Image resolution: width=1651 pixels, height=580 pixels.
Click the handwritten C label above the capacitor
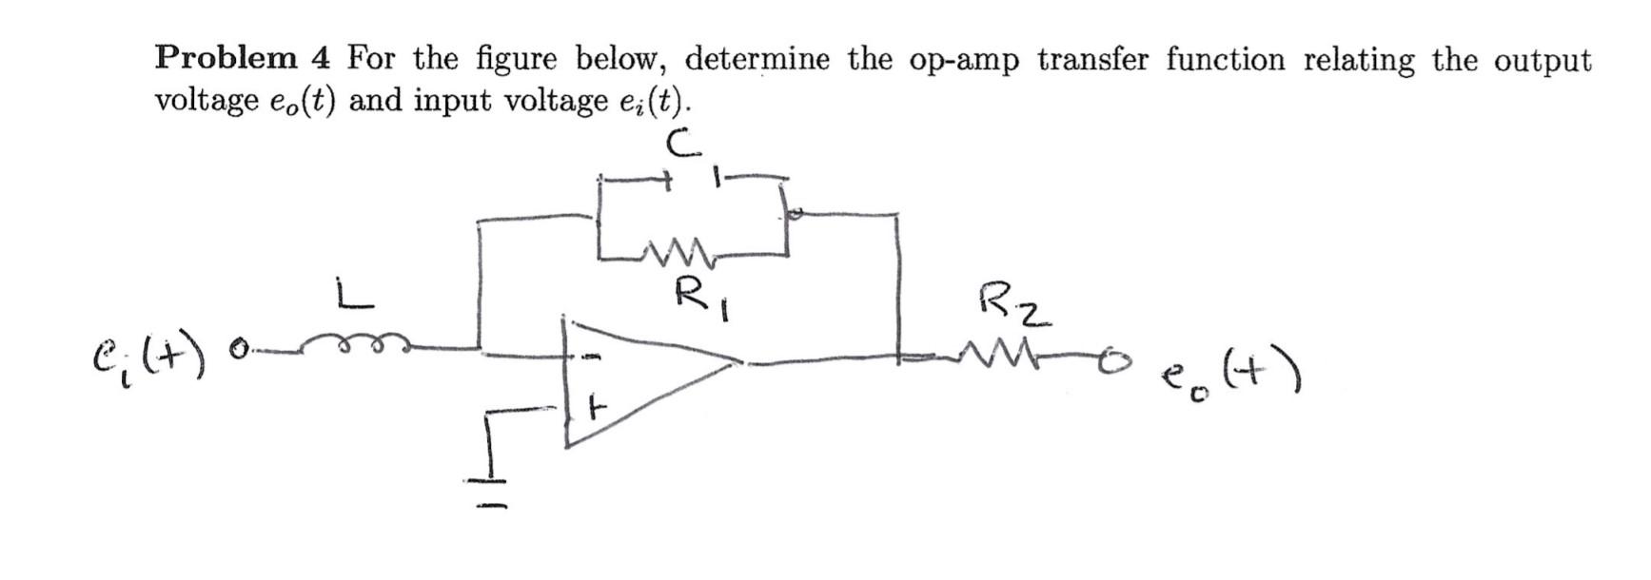[683, 143]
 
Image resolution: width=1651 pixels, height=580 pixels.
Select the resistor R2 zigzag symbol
[993, 358]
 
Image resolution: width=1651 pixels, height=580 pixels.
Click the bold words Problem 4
[243, 59]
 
